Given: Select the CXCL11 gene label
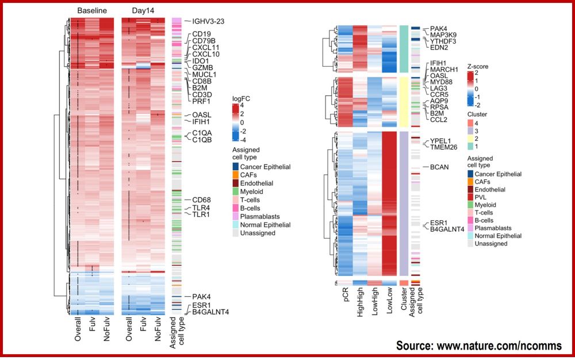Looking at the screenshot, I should click(x=205, y=47).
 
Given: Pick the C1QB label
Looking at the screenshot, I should click(x=204, y=139).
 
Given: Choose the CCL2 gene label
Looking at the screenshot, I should click(x=439, y=120).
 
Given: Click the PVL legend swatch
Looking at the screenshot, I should click(x=471, y=197).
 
